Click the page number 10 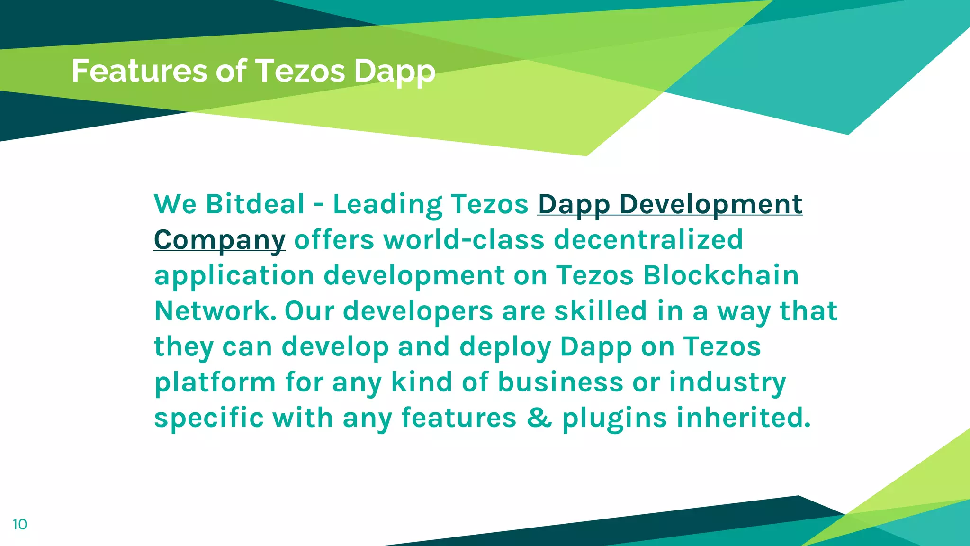(20, 524)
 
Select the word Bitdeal (255, 204)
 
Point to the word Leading (387, 204)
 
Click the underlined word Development (710, 204)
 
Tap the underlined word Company (219, 240)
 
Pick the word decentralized (648, 240)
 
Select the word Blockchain (721, 275)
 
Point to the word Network (216, 311)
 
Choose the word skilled (600, 311)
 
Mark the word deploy (505, 346)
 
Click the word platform (215, 382)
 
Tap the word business (560, 382)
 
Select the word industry (727, 382)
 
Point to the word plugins (614, 418)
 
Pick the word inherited (743, 418)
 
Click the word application (234, 275)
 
